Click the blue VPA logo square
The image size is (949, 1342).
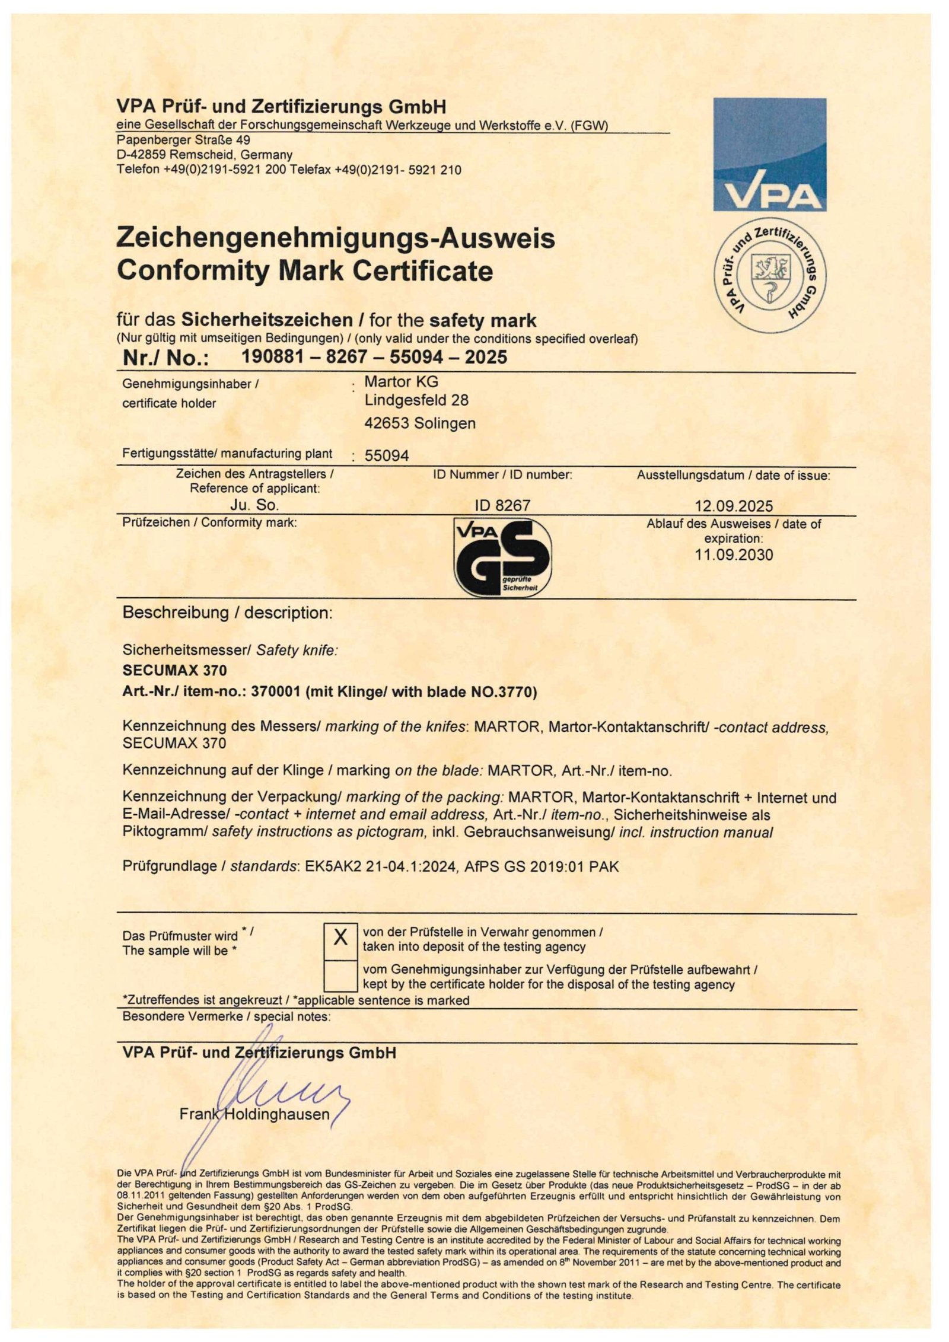(769, 154)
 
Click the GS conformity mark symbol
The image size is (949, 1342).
(502, 557)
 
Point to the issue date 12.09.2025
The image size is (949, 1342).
(734, 506)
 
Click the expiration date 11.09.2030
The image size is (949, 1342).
(734, 555)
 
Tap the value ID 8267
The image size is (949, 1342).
(502, 505)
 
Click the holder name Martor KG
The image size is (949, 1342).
(401, 381)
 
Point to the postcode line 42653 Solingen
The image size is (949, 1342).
(419, 423)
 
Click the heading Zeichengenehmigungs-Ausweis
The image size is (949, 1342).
(336, 238)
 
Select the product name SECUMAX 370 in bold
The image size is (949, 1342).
(174, 670)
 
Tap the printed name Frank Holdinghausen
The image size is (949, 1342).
(254, 1114)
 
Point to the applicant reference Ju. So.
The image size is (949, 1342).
(254, 505)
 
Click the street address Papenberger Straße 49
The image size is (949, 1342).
(183, 140)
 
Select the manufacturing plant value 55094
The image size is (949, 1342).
(387, 455)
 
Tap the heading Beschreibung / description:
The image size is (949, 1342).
(227, 613)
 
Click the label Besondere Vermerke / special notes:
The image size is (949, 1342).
(226, 1016)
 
